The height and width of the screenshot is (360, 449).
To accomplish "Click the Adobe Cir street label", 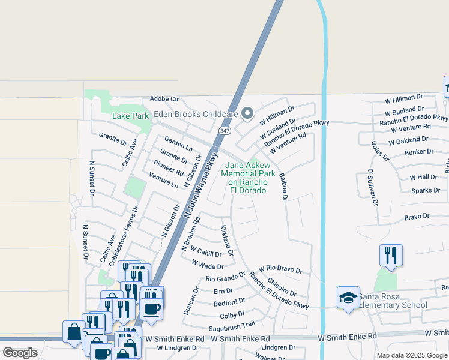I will (x=164, y=98).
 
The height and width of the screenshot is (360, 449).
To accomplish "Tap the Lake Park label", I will (x=130, y=115).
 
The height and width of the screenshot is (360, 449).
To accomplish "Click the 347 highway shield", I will (x=224, y=130).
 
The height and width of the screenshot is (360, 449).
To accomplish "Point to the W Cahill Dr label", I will (x=206, y=251).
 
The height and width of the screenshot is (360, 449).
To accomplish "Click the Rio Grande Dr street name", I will (x=226, y=277).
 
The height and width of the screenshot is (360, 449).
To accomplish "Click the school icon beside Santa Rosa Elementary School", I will (x=348, y=298).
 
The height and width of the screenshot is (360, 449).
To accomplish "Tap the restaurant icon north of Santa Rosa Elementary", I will (x=391, y=255).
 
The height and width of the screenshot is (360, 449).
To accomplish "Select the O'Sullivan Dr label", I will (x=372, y=187).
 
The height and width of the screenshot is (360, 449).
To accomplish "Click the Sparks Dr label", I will (x=426, y=190).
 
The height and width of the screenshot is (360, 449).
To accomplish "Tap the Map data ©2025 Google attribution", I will (x=411, y=355).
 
